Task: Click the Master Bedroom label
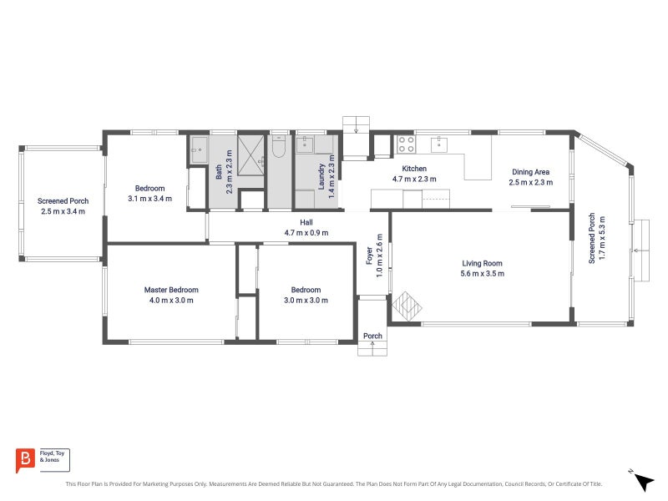171,290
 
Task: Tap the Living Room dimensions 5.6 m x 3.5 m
483,274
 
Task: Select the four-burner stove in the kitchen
406,144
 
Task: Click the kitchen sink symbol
439,144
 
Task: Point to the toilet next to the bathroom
279,147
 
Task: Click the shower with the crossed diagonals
251,155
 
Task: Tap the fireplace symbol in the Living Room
407,306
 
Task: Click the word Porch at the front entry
372,336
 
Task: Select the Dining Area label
531,172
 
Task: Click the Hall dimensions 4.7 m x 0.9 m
306,233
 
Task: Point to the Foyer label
369,256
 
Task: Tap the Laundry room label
321,176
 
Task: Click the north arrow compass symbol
642,481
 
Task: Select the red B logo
25,460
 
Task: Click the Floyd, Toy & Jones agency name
52,456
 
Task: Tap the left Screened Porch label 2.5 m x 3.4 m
63,205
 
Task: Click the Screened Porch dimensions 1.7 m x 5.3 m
602,238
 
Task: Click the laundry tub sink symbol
305,144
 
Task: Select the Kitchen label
414,169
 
